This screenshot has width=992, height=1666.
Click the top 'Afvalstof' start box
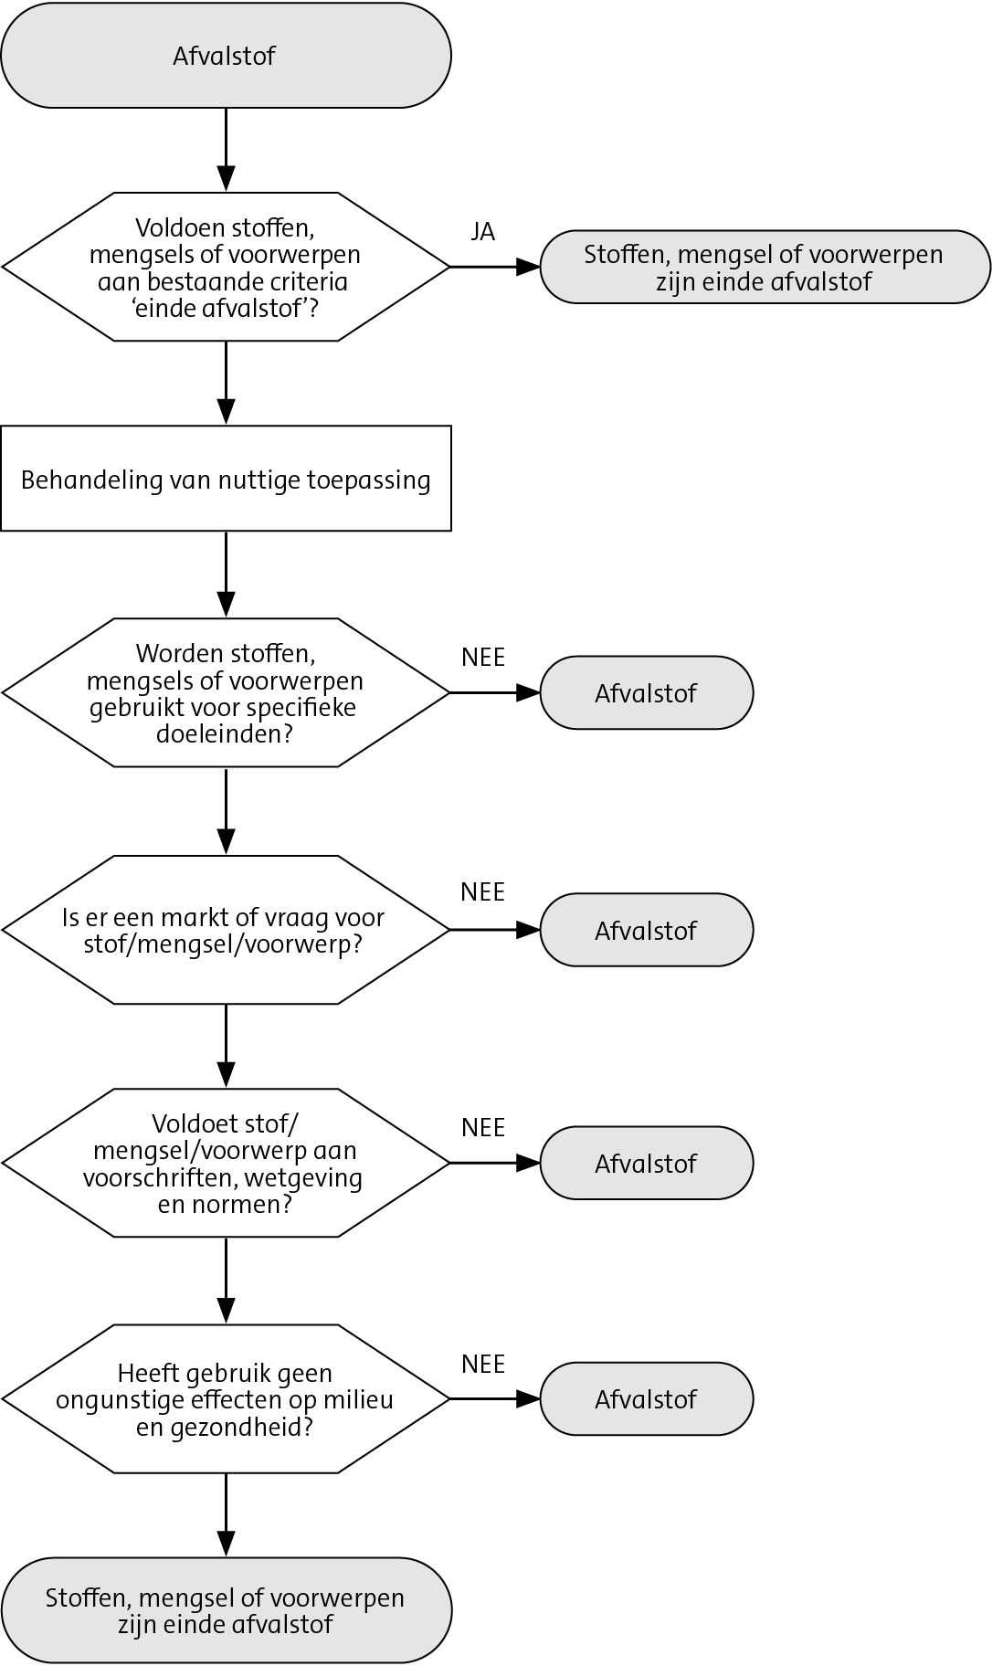[x=226, y=56]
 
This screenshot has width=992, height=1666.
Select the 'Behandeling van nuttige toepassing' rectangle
[x=226, y=479]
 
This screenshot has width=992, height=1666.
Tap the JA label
[x=483, y=232]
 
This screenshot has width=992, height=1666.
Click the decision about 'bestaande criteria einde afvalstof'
[x=226, y=267]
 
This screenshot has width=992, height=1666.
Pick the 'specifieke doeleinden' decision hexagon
[x=226, y=693]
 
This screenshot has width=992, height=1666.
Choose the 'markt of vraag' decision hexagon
[x=226, y=930]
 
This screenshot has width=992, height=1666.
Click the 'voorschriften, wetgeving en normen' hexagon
[x=226, y=1163]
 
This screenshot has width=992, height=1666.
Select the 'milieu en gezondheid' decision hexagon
[x=226, y=1399]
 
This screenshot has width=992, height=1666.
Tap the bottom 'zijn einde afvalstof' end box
[x=226, y=1610]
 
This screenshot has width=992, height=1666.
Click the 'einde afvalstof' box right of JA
[x=765, y=267]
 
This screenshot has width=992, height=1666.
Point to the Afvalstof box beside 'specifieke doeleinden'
[x=646, y=693]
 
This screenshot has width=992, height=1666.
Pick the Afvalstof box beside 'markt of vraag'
[x=646, y=930]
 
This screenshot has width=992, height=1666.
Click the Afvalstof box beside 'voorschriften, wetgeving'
[x=646, y=1163]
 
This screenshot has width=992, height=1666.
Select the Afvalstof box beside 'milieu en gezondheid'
[x=646, y=1399]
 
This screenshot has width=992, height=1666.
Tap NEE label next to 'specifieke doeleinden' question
[x=483, y=658]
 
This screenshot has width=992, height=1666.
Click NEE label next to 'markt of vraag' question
[x=483, y=891]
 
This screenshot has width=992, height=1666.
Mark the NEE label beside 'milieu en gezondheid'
[x=483, y=1364]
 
